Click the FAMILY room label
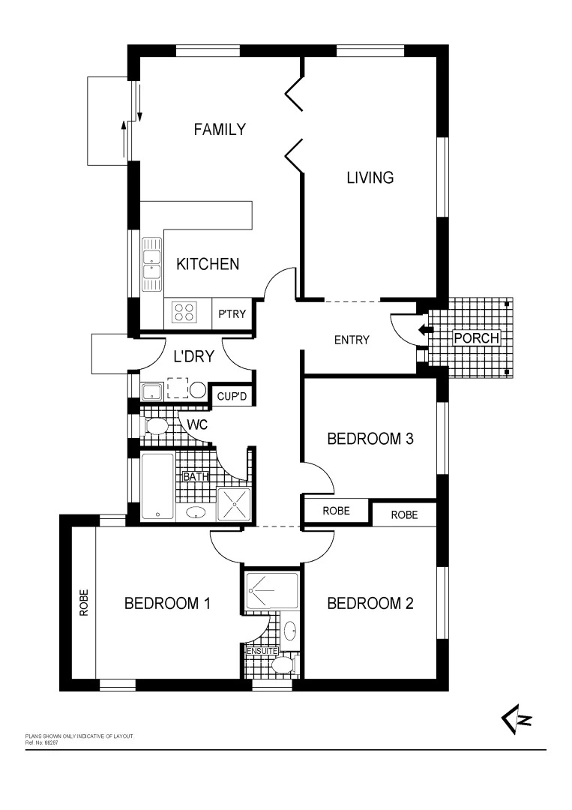click(219, 130)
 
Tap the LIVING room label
click(370, 178)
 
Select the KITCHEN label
click(208, 264)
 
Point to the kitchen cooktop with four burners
click(184, 312)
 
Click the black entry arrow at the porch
click(425, 329)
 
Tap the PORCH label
click(477, 338)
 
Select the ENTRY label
click(352, 340)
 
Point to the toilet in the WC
click(157, 427)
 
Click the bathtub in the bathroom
click(157, 486)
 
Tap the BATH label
click(196, 475)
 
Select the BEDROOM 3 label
click(370, 439)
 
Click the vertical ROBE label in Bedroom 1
click(83, 603)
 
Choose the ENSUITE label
click(262, 651)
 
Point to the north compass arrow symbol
click(516, 721)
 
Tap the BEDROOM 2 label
click(370, 603)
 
